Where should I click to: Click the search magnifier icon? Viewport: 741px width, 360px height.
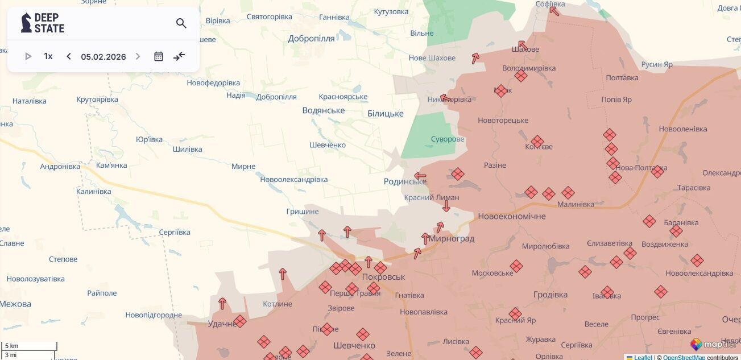(181, 23)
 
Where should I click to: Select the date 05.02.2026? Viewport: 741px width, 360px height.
(104, 57)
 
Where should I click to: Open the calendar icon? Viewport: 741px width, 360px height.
(159, 56)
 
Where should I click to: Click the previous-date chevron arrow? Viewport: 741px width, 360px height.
(69, 56)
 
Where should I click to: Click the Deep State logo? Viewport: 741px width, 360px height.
(43, 23)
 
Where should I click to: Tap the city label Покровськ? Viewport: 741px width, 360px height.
(383, 277)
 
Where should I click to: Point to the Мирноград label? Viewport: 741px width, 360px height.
(451, 239)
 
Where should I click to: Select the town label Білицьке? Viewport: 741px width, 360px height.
(385, 114)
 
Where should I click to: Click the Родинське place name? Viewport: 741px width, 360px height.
(405, 181)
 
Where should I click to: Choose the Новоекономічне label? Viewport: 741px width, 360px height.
(511, 216)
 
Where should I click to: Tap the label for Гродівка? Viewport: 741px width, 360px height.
(550, 295)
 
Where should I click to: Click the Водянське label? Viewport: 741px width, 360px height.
(323, 111)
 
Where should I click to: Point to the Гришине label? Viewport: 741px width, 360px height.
(303, 212)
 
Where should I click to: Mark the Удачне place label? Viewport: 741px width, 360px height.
(222, 324)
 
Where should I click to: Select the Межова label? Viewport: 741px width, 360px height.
(15, 304)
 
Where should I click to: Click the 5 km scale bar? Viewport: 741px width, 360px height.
(29, 346)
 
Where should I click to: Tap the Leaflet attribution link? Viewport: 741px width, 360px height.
(643, 357)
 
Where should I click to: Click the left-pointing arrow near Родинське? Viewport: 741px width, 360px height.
(420, 176)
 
